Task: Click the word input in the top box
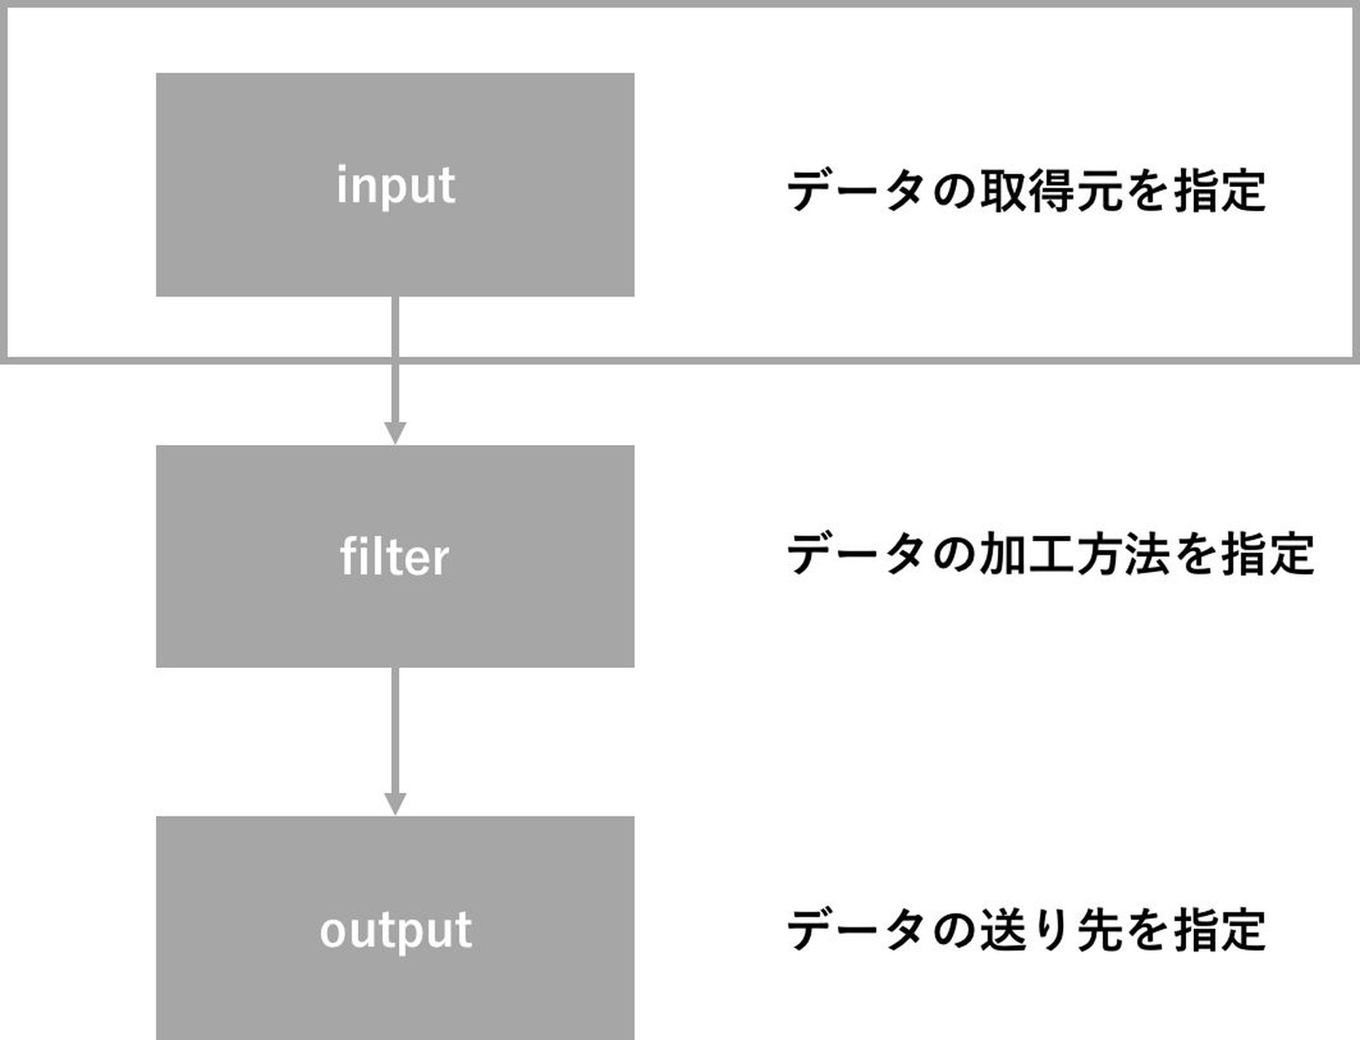(396, 185)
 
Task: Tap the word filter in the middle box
(394, 556)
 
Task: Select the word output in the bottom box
(396, 930)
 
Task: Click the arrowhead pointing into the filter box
(395, 433)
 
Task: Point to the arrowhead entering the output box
(395, 804)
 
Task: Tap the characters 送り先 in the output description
(1051, 930)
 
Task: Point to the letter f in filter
(347, 556)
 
